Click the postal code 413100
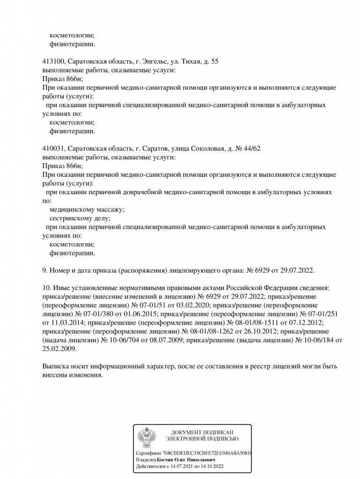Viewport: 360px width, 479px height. coord(53,62)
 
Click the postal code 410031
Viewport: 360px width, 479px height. coord(53,148)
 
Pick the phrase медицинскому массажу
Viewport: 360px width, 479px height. coord(87,210)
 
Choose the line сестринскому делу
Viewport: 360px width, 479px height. coord(80,218)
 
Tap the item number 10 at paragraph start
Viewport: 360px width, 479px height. coord(46,288)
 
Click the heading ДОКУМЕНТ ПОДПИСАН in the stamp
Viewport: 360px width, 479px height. coord(202,432)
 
